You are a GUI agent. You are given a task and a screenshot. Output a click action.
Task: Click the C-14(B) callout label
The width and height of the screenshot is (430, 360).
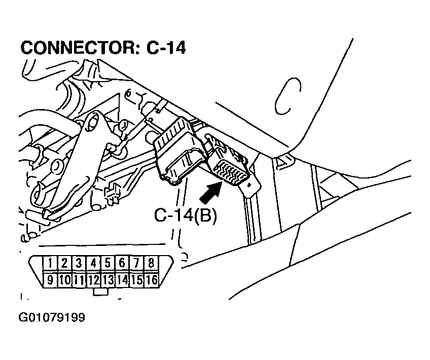pos(186,215)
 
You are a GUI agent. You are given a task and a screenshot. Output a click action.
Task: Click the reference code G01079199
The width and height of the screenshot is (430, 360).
pos(52,318)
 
